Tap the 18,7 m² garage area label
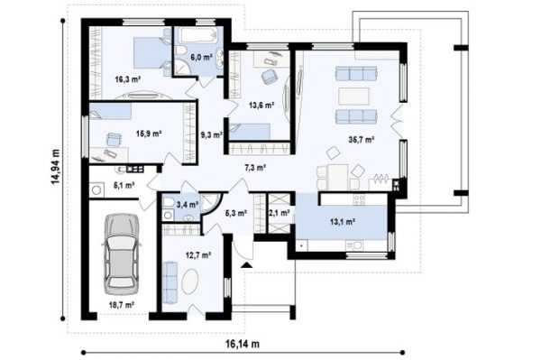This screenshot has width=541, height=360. (x=122, y=305)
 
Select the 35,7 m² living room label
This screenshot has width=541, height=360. (x=362, y=140)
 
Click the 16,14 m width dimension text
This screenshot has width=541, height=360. (x=243, y=344)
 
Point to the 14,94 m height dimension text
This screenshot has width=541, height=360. (x=56, y=167)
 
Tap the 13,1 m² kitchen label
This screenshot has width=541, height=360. (x=343, y=222)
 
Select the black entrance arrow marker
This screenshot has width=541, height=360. (x=246, y=264)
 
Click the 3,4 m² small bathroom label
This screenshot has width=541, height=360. (x=188, y=205)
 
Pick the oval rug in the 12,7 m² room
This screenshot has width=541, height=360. (x=190, y=282)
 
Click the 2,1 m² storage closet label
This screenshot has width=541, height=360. (x=280, y=213)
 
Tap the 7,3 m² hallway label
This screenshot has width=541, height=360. (x=255, y=168)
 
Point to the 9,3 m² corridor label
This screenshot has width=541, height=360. (x=212, y=134)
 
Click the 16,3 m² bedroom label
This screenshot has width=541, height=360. (x=128, y=79)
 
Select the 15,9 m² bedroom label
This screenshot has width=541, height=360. (x=149, y=134)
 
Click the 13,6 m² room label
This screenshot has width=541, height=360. (x=261, y=105)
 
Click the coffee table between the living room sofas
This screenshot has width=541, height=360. (x=353, y=96)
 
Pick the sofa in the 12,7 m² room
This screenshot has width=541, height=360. (x=170, y=282)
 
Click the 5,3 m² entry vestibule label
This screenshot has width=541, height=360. (x=236, y=213)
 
